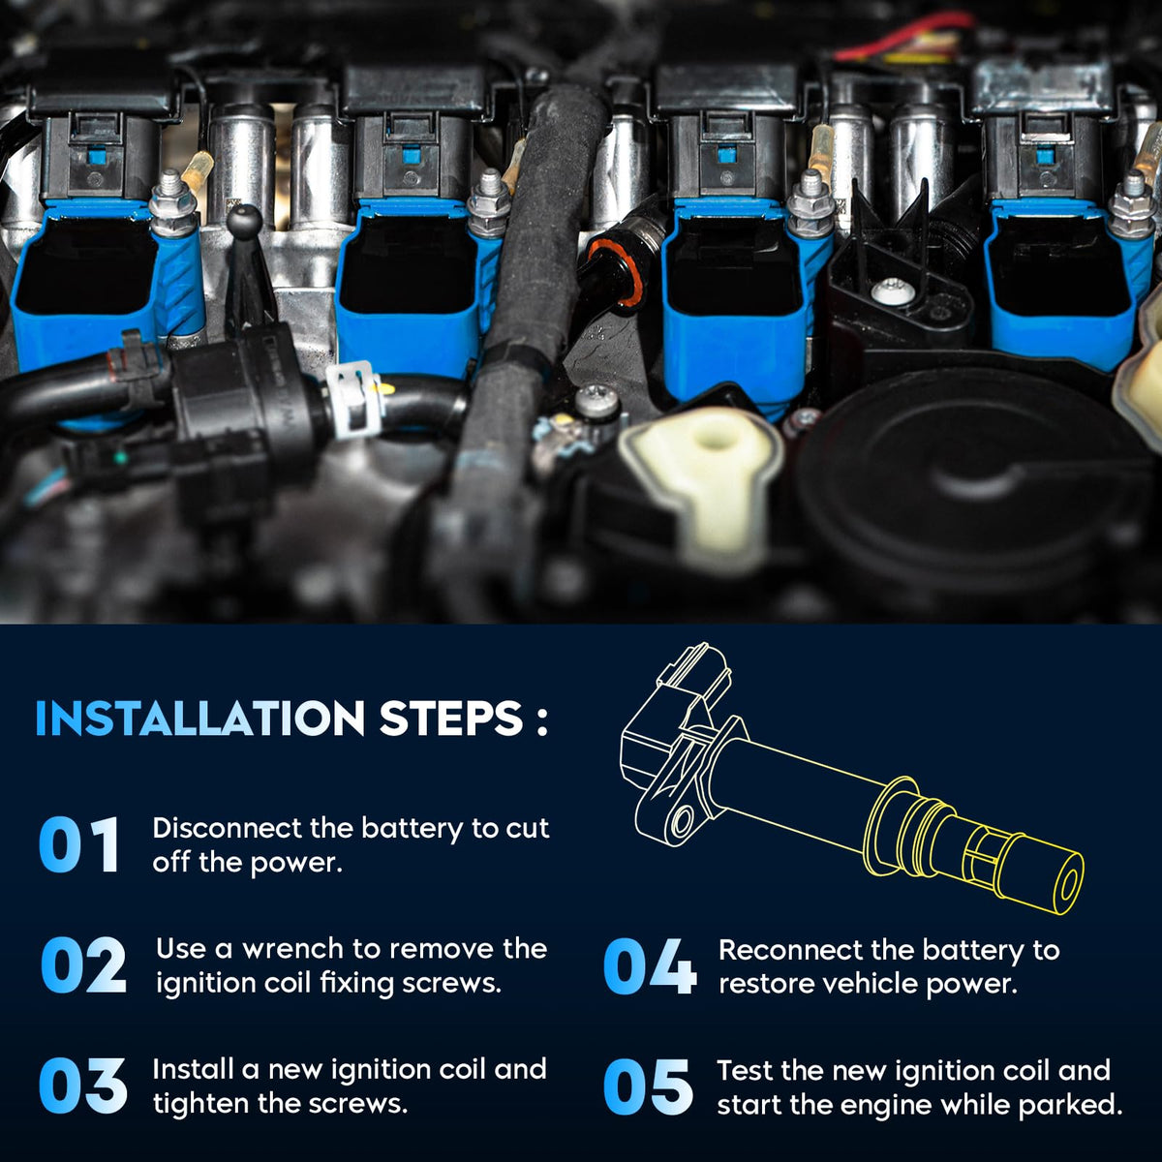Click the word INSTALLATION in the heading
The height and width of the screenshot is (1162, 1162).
coord(200,719)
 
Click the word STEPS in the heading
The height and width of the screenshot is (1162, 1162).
coord(450,719)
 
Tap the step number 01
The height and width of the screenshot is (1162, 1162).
coord(79,844)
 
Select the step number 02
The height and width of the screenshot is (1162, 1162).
coord(83,964)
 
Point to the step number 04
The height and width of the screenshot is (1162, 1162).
coord(650,966)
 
